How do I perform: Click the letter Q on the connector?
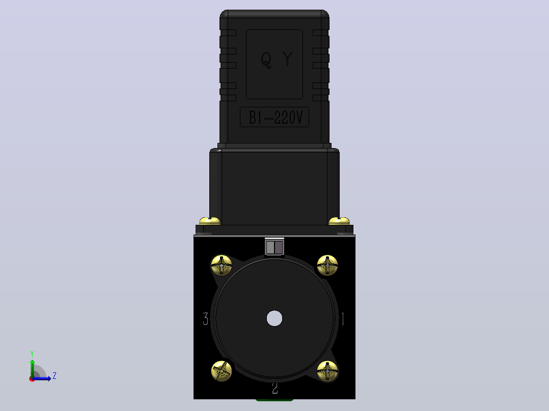(266, 60)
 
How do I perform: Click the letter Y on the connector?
(287, 59)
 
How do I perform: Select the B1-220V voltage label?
(274, 117)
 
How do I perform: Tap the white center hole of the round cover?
(274, 318)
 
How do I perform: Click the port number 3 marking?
(206, 318)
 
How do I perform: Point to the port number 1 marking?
(343, 318)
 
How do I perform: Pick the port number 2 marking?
(275, 388)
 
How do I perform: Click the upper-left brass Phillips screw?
(221, 266)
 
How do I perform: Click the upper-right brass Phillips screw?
(327, 266)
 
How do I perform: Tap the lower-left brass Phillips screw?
(222, 371)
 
